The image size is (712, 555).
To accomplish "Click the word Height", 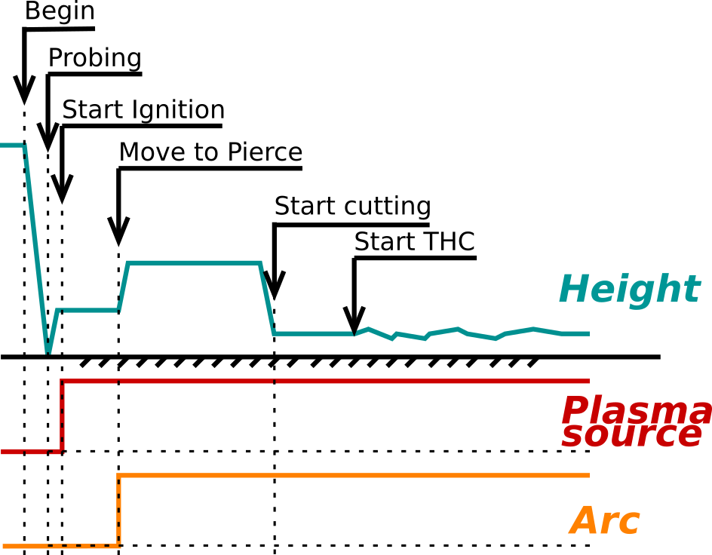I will [629, 290].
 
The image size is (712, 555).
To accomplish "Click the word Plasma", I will [635, 411].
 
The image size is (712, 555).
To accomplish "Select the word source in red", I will [631, 435].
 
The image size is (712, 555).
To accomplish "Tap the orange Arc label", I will [605, 522].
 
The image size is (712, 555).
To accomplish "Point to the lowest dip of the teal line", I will [48, 350].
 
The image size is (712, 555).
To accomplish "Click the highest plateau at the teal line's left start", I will [12, 145].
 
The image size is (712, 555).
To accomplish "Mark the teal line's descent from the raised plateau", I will [267, 298].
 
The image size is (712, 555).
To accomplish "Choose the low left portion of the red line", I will [30, 452].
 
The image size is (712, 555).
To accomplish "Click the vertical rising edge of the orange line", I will [118, 511].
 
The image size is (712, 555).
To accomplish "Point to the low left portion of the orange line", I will [60, 546].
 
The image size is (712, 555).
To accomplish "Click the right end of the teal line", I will [588, 333].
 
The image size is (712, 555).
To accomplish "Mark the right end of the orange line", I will [588, 475].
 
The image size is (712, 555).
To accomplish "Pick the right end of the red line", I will [588, 381].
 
